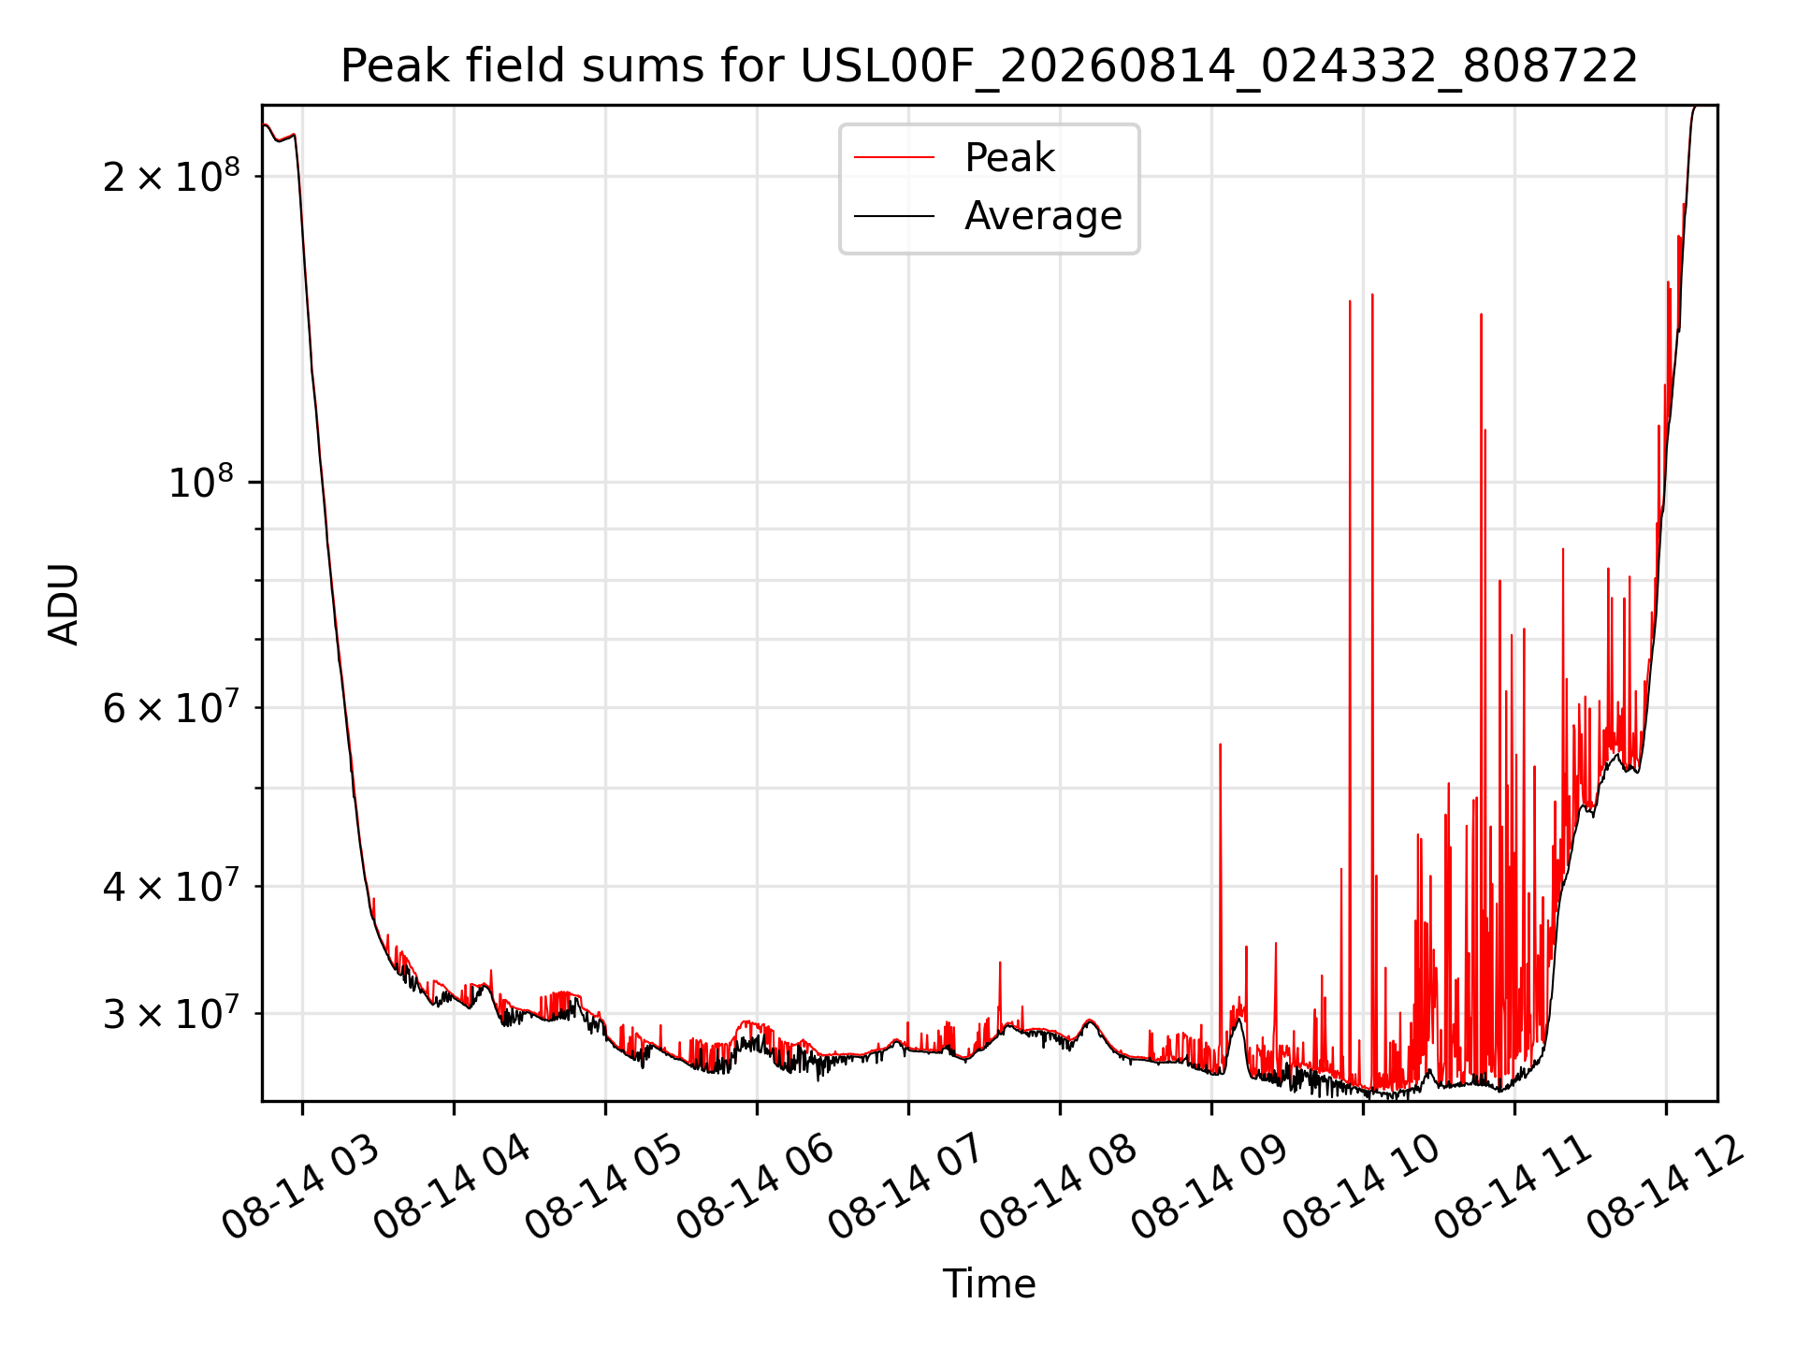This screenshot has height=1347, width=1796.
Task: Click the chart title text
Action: (989, 66)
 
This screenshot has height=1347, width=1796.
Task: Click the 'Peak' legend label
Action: (1009, 158)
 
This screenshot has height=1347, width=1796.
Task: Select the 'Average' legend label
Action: (1043, 216)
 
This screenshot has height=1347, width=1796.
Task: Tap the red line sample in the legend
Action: (894, 158)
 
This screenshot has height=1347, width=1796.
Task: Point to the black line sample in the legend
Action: (894, 216)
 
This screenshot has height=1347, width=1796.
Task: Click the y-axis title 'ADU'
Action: (64, 603)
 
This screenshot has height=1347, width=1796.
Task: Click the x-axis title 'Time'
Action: (989, 1284)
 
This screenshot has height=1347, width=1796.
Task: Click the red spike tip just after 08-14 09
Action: (1220, 745)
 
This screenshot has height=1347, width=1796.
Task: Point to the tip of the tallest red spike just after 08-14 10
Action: (1372, 295)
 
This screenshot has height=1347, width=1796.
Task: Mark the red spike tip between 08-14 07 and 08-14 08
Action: (999, 963)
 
